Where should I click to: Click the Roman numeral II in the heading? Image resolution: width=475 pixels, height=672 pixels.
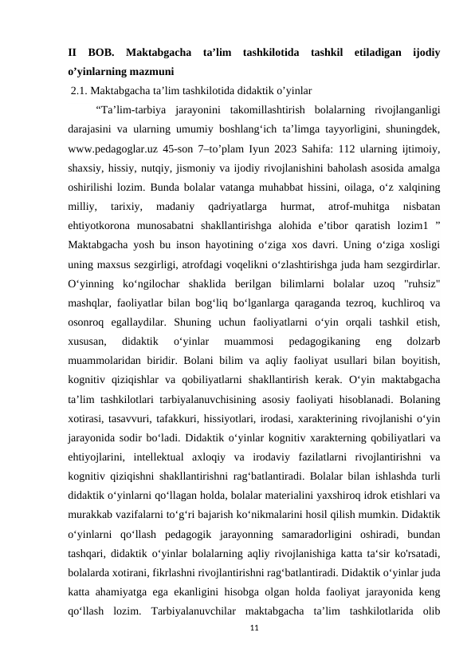tap(73, 53)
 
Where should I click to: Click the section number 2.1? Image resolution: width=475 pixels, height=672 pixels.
tap(80, 89)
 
